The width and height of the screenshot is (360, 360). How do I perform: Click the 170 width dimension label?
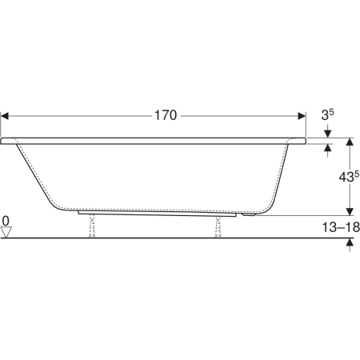pos(166,116)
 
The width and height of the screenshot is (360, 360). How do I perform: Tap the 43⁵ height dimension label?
pos(349,176)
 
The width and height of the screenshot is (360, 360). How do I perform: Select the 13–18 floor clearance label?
pos(341,227)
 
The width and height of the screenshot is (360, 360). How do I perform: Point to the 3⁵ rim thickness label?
pos(327,115)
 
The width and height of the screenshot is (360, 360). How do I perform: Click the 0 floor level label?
pos(6,221)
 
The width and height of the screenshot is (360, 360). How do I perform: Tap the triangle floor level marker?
pos(6,232)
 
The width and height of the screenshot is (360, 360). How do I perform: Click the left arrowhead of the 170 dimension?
pos(5,116)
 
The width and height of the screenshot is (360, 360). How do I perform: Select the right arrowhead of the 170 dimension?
pos(302,116)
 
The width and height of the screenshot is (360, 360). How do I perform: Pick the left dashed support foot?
pos(92,226)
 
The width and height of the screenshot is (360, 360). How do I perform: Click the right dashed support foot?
pos(218,226)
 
